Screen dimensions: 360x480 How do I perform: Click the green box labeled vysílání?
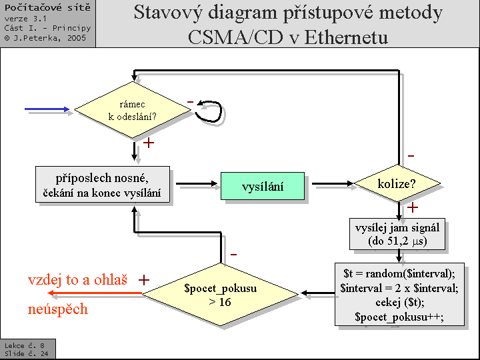[x=262, y=186]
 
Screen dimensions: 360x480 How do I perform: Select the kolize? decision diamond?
[x=397, y=183]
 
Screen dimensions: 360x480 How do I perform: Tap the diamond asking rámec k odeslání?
[x=133, y=110]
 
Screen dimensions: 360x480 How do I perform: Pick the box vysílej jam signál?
[x=397, y=234]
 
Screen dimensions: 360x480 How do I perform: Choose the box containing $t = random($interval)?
[x=399, y=294]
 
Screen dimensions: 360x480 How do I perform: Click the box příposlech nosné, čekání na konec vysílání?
[x=102, y=185]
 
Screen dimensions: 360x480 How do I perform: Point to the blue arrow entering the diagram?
[x=47, y=109]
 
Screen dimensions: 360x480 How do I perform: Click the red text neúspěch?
[x=57, y=309]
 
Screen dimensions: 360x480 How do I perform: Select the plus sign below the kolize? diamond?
[x=413, y=207]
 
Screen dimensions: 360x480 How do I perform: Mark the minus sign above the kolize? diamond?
[x=411, y=155]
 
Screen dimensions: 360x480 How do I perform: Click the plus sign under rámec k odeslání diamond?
[x=149, y=143]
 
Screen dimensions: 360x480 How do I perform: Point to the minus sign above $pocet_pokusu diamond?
[x=234, y=255]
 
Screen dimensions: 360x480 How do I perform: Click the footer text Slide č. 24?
[x=26, y=353]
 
